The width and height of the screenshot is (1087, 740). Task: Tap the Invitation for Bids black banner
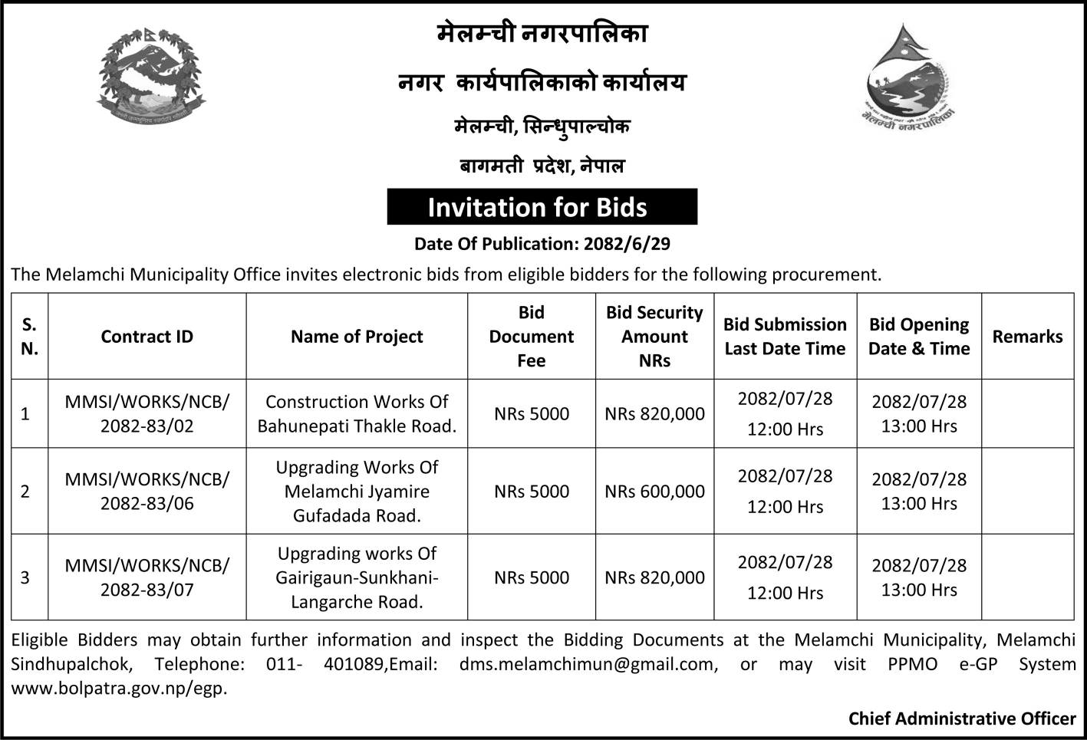[x=542, y=207]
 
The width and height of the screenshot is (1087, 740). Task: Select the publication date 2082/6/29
[x=627, y=244]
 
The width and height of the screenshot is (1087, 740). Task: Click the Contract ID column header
[x=147, y=337]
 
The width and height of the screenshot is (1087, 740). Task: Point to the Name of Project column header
[x=357, y=337]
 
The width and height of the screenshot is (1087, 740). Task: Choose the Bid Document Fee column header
[x=531, y=337]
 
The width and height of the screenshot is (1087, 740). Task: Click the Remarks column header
[x=1027, y=337]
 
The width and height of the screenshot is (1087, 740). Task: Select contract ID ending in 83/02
[x=147, y=414]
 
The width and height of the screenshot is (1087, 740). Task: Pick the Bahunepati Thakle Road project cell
[x=357, y=414]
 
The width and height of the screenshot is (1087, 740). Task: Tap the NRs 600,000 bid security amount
[x=654, y=492]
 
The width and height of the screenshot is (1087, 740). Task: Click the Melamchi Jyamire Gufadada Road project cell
[x=357, y=492]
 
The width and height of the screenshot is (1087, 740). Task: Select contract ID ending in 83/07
[x=147, y=577]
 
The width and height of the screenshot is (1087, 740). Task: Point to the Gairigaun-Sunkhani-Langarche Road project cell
[x=357, y=577]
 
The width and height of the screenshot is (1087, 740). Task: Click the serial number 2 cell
[x=25, y=492]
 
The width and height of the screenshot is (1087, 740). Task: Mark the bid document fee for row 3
[x=531, y=577]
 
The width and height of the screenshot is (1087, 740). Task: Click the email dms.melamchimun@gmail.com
[x=588, y=664]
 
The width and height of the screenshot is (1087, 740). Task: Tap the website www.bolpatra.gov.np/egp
[x=119, y=688]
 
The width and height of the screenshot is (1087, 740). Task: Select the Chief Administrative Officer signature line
[x=961, y=719]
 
